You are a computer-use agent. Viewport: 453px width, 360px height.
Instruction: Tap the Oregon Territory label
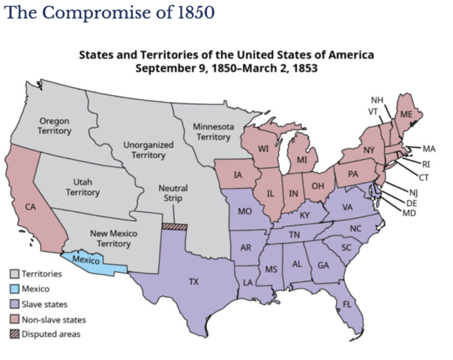click(54, 125)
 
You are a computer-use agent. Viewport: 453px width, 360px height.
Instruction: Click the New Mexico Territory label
click(112, 238)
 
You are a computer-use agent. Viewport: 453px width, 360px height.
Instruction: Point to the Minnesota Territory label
click(212, 131)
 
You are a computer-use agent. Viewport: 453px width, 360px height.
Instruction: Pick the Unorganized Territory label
click(148, 148)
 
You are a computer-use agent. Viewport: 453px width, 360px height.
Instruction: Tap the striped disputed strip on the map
click(174, 225)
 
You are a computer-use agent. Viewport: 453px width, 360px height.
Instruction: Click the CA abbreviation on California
click(31, 205)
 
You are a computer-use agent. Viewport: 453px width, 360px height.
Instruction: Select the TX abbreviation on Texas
click(193, 282)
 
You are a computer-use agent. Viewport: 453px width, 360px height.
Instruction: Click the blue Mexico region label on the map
click(85, 260)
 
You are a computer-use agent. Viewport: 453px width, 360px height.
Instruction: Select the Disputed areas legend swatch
click(15, 334)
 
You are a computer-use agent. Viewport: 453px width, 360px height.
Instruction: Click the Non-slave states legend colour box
click(15, 319)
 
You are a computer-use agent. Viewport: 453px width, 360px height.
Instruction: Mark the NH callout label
click(376, 100)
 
